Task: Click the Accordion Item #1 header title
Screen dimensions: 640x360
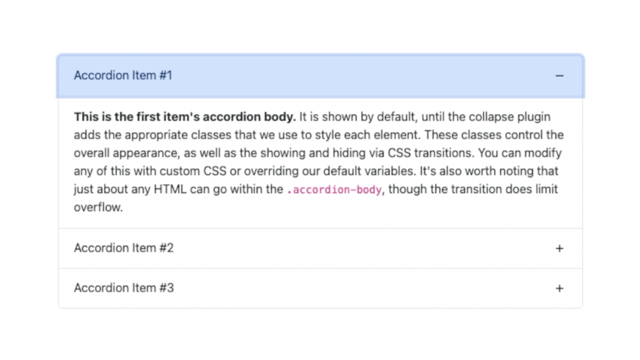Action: click(x=123, y=75)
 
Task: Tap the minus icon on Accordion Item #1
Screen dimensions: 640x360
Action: click(x=559, y=76)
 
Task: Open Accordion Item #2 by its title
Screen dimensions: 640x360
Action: click(x=123, y=248)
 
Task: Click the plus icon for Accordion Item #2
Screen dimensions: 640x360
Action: click(x=559, y=248)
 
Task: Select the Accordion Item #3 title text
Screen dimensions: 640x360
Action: click(x=123, y=288)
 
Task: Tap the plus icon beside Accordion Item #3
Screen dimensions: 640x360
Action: click(x=559, y=288)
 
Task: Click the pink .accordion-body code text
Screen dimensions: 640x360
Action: click(x=334, y=190)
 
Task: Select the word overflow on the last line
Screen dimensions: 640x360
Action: click(x=97, y=207)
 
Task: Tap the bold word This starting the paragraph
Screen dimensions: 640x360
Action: click(x=86, y=117)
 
